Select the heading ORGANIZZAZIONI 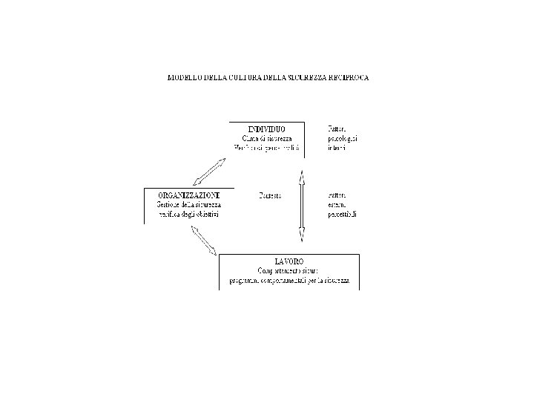pos(188,195)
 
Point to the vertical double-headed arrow pos(301,206)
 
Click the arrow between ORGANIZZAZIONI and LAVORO pos(203,240)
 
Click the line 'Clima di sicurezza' pos(267,138)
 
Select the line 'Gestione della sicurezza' pos(188,205)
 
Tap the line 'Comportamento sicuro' pos(289,271)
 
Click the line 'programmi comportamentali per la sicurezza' pos(289,281)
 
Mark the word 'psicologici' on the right pos(342,138)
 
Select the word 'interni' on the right pos(337,148)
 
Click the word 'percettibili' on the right pos(343,215)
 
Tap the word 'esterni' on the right pos(337,205)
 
